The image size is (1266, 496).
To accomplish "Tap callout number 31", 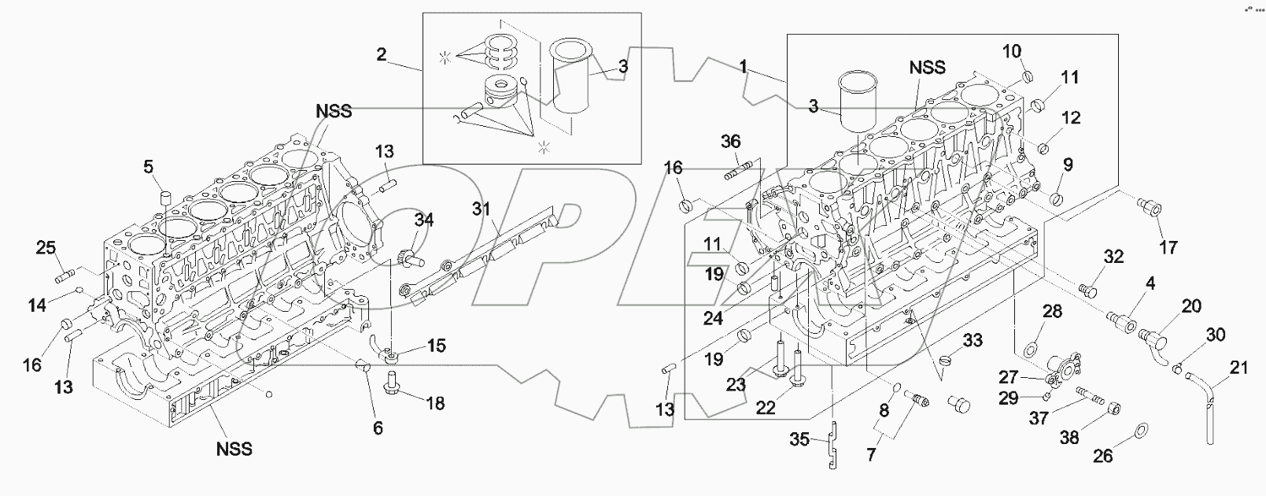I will coord(481,209).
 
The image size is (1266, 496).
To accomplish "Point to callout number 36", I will coord(731,141).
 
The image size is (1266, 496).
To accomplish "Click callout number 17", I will coord(1168,247).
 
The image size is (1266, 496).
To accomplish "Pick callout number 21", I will coord(1239,367).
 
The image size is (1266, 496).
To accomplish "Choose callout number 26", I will coord(1104,455).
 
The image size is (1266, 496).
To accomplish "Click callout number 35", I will coord(799,441).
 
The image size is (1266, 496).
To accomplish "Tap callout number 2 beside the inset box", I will coord(381,54).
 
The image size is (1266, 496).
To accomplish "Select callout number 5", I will coord(149,165).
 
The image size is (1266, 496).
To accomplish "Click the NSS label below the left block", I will coord(234,449).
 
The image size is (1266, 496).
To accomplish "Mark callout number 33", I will coord(973,340).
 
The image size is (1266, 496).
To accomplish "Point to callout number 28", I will coord(1053,313).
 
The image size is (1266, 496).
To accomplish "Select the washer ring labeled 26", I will coord(1139,431).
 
